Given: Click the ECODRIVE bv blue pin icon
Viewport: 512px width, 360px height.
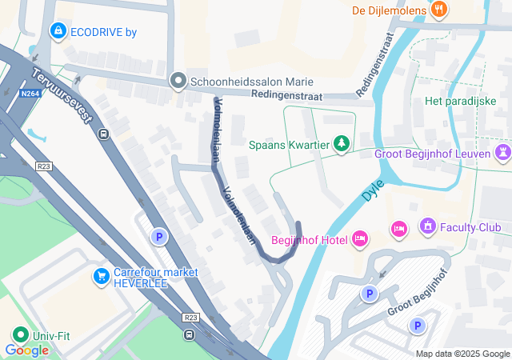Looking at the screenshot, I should pos(57,31).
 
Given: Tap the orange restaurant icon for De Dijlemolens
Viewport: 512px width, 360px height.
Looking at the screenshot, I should pos(438,10).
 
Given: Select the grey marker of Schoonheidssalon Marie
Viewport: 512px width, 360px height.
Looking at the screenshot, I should pos(178,82).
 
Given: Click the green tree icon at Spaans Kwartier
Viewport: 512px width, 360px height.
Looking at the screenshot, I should pos(342,142).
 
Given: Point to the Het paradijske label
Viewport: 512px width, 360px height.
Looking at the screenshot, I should pos(456,101).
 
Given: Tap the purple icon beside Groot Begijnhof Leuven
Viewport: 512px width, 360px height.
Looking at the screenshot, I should pos(503,152).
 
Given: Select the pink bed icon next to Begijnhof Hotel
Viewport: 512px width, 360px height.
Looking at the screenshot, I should pos(360,238).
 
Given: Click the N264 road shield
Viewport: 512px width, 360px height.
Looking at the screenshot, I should pos(30,94).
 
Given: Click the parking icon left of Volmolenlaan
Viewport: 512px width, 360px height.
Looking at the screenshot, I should pos(159,237).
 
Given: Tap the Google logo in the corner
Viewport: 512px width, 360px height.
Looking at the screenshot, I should pos(26,350).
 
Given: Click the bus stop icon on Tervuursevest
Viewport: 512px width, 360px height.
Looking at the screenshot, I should pos(103,134).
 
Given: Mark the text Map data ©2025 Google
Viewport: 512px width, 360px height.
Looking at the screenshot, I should pos(462,354).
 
